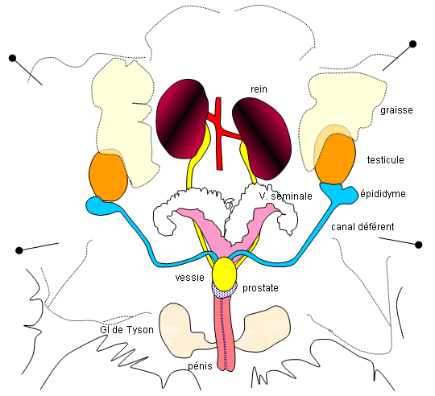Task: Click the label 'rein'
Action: [259, 89]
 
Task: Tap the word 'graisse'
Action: [396, 110]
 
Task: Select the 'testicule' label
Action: [385, 160]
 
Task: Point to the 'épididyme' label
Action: [383, 194]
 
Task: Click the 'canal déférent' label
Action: [362, 227]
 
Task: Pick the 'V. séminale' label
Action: [285, 196]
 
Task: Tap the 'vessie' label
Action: [190, 278]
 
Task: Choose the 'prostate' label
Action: [260, 288]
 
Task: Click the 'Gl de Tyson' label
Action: [126, 330]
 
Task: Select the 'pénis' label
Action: [200, 366]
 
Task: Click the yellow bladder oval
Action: [225, 274]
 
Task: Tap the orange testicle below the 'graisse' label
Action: [335, 159]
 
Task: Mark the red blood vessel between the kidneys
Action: [219, 133]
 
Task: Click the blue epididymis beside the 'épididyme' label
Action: [338, 192]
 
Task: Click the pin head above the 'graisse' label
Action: [412, 44]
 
